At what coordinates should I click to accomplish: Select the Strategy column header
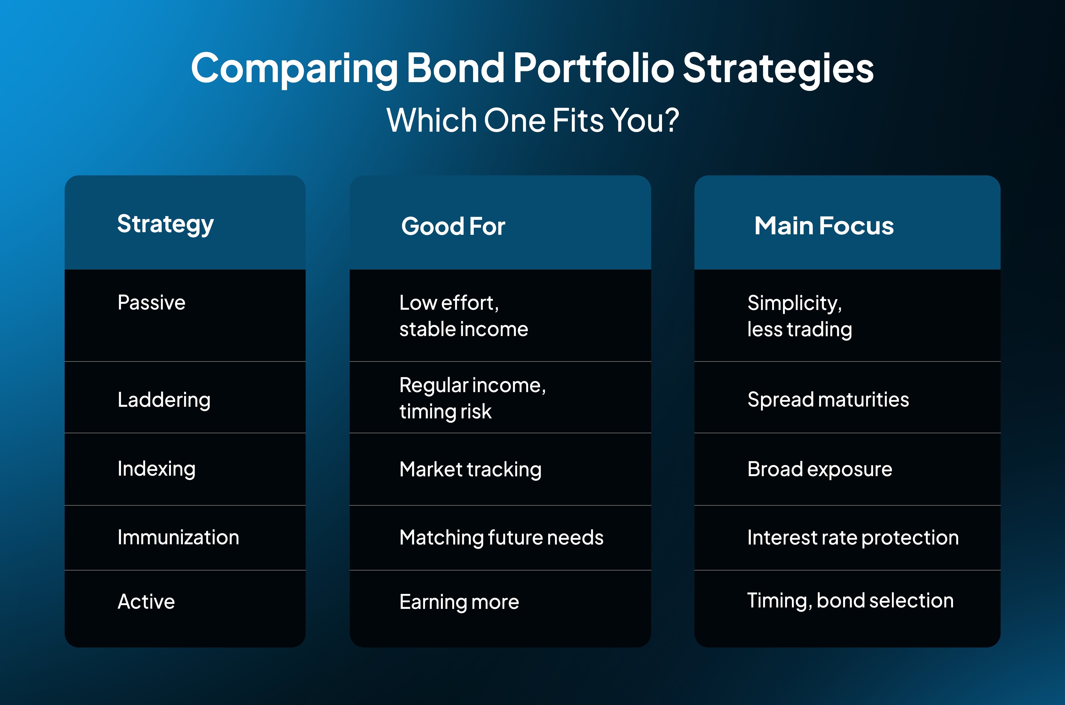click(166, 224)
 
